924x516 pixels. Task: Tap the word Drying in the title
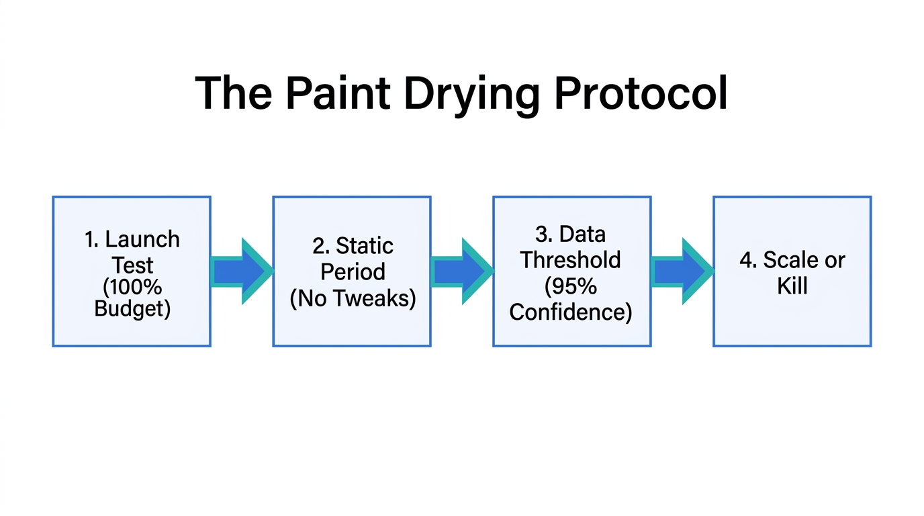tap(471, 94)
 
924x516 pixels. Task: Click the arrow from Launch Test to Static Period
tap(241, 271)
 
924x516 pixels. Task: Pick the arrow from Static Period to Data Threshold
tap(461, 271)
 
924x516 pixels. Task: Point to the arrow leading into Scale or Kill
tap(682, 271)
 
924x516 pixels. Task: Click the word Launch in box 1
tap(142, 239)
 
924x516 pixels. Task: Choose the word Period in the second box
tap(353, 271)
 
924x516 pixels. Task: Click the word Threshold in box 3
tap(571, 259)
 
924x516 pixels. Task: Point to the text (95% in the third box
tap(571, 286)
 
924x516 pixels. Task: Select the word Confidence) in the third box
tap(571, 312)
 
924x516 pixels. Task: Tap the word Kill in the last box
tap(792, 286)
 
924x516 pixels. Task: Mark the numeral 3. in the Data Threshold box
tap(544, 234)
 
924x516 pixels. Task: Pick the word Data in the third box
tap(582, 234)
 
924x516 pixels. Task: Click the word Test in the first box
tap(133, 265)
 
